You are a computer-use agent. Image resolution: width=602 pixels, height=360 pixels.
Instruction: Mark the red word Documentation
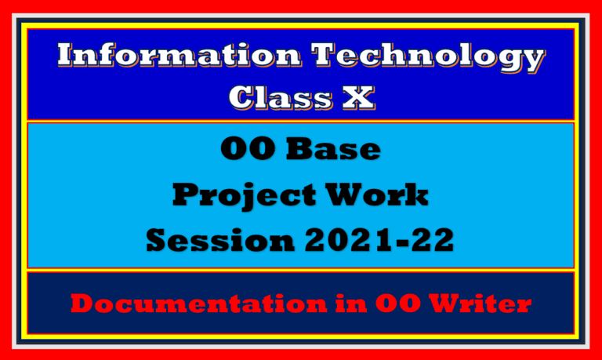click(175, 304)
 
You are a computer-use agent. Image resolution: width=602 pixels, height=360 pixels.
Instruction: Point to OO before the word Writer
click(380, 304)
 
